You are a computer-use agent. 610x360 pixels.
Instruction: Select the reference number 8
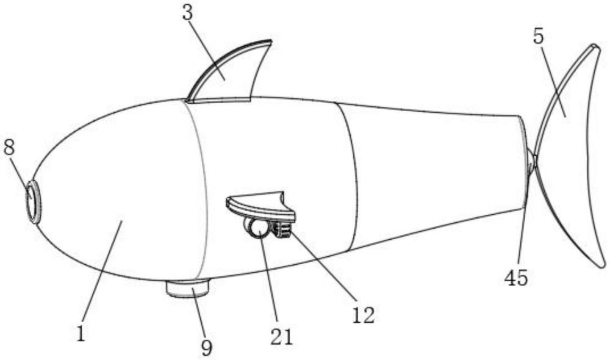pyautogui.click(x=10, y=148)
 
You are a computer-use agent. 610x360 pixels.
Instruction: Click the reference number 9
pyautogui.click(x=207, y=347)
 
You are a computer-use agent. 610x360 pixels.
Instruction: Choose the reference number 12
pyautogui.click(x=364, y=315)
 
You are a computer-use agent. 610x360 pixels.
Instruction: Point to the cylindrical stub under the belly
pyautogui.click(x=188, y=287)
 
